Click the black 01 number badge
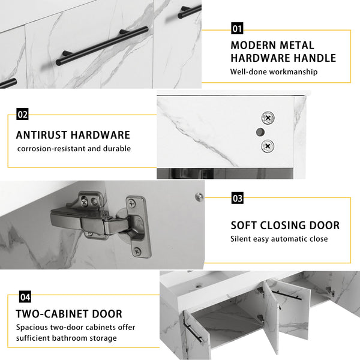coord(237,28)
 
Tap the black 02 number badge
coord(22,114)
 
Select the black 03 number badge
coord(238,198)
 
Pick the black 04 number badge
coord(25,297)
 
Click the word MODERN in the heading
coord(253,45)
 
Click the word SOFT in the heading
coord(244,225)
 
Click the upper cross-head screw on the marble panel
coord(268,118)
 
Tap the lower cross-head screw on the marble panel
coord(268,146)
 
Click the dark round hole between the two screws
coord(260,132)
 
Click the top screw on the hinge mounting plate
coord(132,203)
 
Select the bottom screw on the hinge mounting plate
coord(137,251)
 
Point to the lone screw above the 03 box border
coord(199,197)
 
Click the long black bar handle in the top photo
coord(102,46)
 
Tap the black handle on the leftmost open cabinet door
coord(193,330)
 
